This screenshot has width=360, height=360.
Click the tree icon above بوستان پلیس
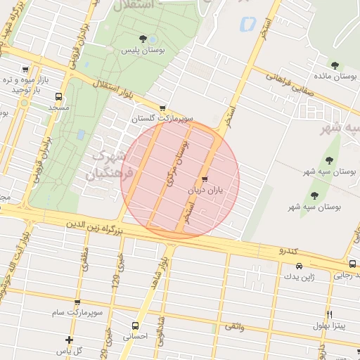tap(143, 39)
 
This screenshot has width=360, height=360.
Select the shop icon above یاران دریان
tap(205, 179)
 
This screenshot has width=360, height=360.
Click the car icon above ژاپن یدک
tap(300, 266)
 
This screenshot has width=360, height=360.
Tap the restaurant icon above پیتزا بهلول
tap(329, 314)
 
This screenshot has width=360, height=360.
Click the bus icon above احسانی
tap(136, 326)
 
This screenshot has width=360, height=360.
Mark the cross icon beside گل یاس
tap(69, 340)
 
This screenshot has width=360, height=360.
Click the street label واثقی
tap(235, 327)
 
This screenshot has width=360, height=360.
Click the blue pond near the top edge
tap(247, 24)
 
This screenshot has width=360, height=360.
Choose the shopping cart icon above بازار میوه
tap(26, 70)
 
